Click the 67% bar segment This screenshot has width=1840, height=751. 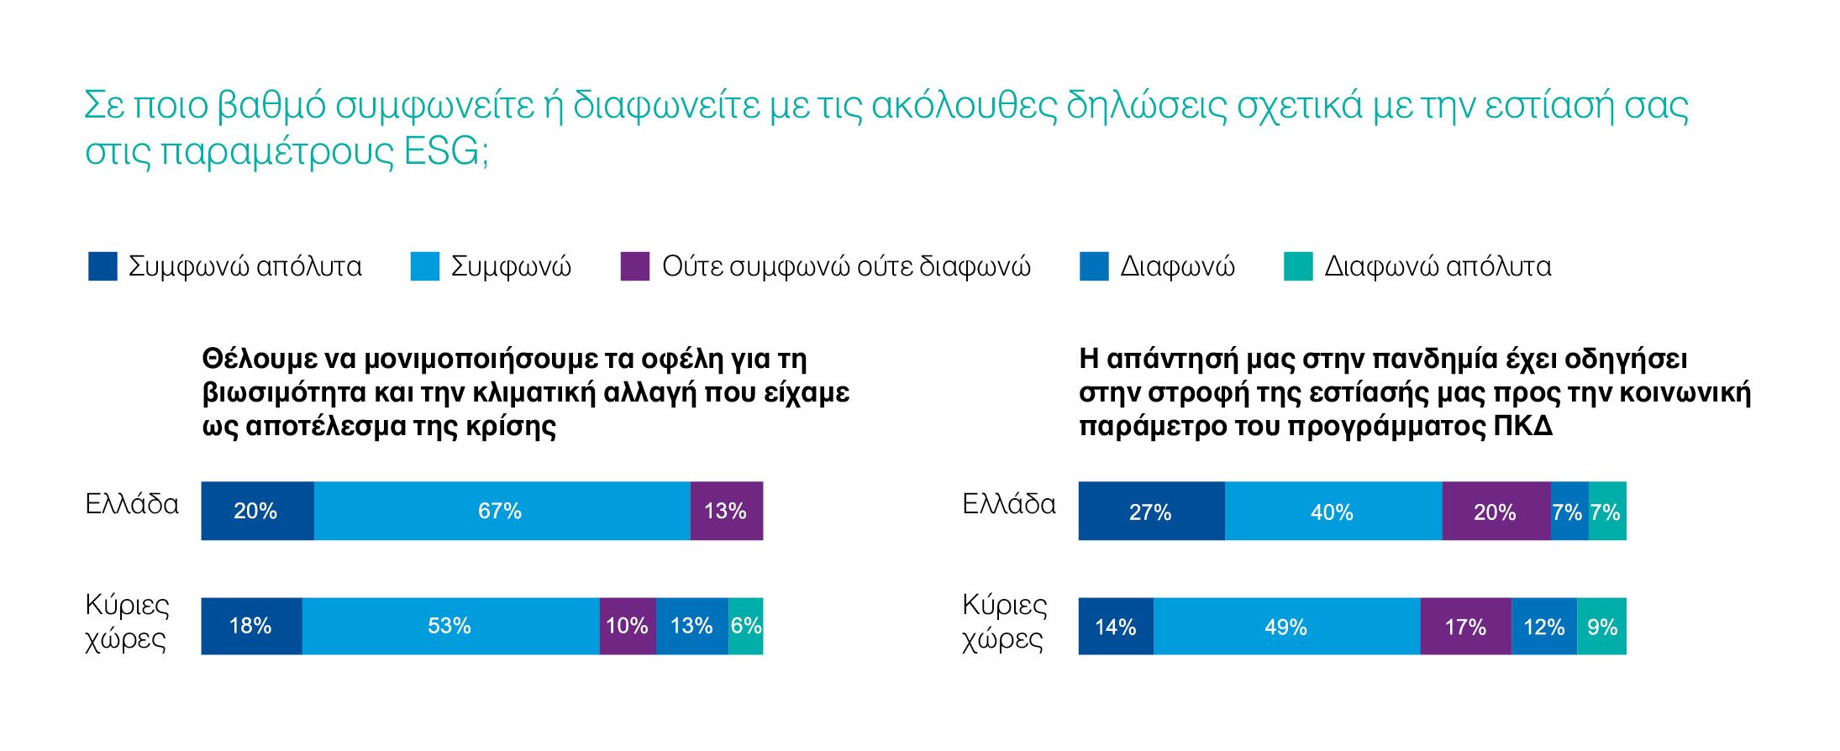[502, 511]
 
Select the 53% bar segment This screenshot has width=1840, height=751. [450, 626]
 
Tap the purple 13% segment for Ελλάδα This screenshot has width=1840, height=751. [726, 511]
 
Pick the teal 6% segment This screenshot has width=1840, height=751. [745, 626]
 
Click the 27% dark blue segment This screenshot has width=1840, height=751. [1151, 512]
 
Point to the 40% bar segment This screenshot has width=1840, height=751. [1333, 512]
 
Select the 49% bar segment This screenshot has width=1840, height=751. [1286, 627]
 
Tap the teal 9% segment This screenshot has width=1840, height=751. [1601, 627]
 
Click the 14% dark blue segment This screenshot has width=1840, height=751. [1116, 627]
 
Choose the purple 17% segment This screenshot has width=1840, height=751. [1465, 627]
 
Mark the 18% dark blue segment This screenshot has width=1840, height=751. [251, 626]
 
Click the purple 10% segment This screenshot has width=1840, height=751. [627, 626]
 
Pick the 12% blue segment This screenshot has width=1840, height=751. [1543, 627]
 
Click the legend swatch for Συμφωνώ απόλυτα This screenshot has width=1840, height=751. [103, 266]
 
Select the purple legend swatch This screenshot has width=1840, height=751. [634, 266]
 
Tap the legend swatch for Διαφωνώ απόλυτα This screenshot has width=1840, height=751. [1298, 266]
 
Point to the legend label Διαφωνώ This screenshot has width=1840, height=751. [1177, 266]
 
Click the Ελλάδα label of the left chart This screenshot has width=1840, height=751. [132, 504]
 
